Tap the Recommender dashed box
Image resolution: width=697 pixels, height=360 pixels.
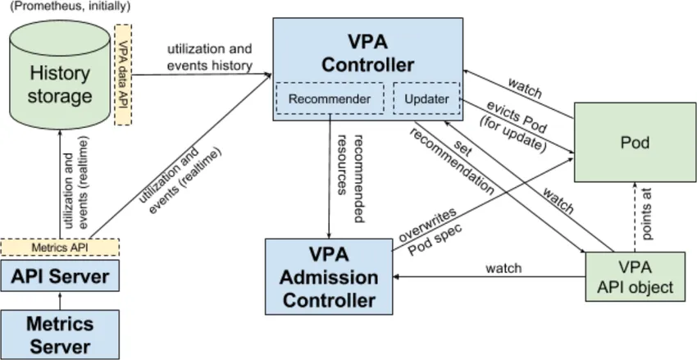click(330, 99)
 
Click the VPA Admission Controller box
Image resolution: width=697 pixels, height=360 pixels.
click(330, 276)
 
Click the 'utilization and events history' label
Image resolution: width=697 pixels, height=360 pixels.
click(209, 57)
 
